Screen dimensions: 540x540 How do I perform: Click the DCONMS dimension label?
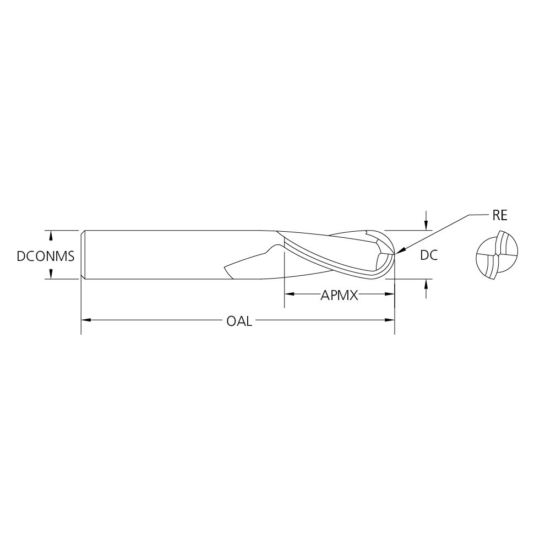pyautogui.click(x=45, y=255)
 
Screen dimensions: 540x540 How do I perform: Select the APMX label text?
pyautogui.click(x=339, y=296)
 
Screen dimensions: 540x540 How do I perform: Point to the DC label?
pyautogui.click(x=428, y=255)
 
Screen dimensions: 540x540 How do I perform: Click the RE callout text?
pyautogui.click(x=499, y=215)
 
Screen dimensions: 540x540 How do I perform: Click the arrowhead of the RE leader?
pyautogui.click(x=398, y=253)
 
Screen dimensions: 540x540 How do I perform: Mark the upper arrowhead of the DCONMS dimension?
pyautogui.click(x=51, y=235)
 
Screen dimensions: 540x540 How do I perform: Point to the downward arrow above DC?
pyautogui.click(x=426, y=225)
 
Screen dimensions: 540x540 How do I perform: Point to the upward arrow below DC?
pyautogui.click(x=426, y=283)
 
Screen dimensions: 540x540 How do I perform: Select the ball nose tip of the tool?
pyautogui.click(x=394, y=254)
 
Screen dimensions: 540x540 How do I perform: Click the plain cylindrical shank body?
pyautogui.click(x=165, y=254)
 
